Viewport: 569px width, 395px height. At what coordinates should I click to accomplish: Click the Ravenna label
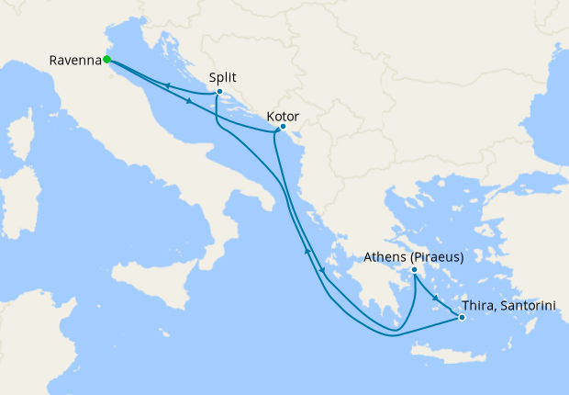point(75,62)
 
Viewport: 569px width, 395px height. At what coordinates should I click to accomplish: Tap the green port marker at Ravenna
point(107,60)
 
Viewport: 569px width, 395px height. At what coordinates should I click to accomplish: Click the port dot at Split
point(219,92)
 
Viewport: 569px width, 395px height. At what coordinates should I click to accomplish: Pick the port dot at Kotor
point(282,128)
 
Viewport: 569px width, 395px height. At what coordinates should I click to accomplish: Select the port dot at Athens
point(415,270)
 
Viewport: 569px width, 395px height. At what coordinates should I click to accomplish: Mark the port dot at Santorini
point(462,318)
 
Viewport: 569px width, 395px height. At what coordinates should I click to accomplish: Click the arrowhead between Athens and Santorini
point(435,294)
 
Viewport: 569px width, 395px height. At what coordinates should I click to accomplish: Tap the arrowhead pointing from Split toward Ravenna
point(169,85)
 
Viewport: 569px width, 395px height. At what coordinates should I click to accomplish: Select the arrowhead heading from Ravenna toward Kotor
point(188,101)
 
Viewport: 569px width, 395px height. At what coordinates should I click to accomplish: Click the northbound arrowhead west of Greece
point(307,250)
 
